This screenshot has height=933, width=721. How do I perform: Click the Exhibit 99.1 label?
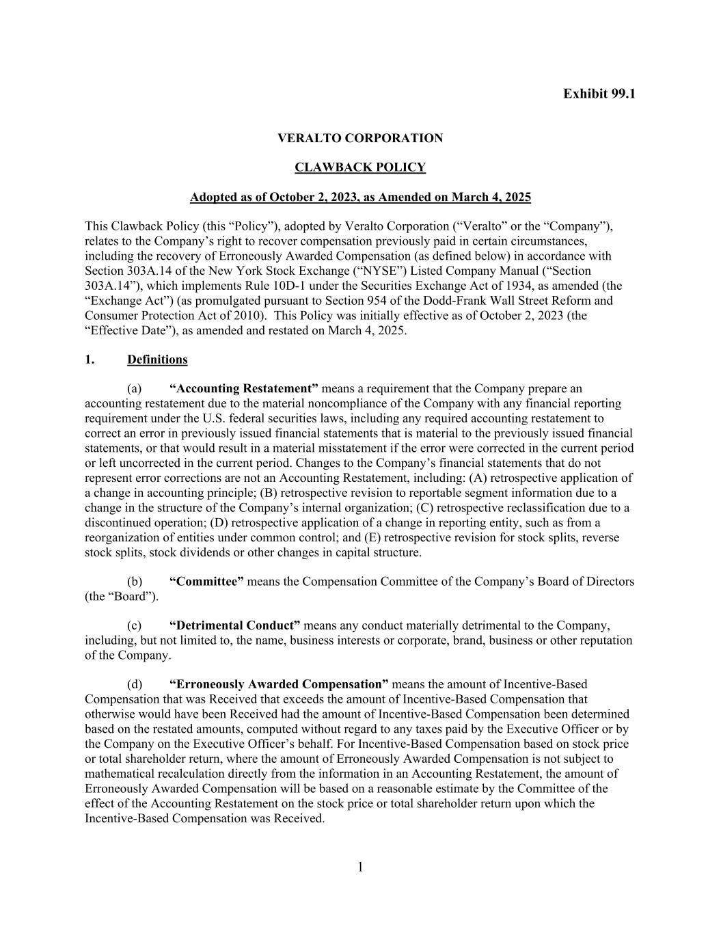coord(599,94)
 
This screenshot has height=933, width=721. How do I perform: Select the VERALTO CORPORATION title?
coord(360,138)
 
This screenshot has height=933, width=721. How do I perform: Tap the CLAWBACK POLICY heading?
coord(360,167)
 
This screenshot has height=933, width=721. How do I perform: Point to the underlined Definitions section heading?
coord(157,360)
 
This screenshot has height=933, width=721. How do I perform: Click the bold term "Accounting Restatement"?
coord(244,389)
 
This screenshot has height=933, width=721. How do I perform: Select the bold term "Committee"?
coord(206,582)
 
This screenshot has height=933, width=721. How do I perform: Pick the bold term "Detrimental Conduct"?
coord(234,625)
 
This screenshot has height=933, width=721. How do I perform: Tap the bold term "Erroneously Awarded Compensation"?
coord(279,684)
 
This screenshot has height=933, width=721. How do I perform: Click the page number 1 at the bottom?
coord(360,867)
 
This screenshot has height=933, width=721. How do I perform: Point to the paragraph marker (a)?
coord(135,389)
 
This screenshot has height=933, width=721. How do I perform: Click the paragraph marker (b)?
coord(135,582)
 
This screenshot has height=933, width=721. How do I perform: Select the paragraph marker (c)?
coord(135,625)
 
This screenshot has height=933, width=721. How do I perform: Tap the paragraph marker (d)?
coord(135,684)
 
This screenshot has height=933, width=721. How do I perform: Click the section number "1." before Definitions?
coord(90,360)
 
